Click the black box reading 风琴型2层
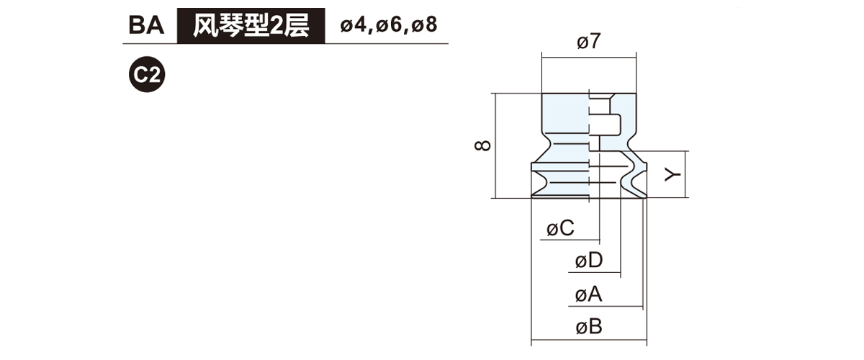pyautogui.click(x=251, y=26)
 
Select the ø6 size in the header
pyautogui.click(x=391, y=26)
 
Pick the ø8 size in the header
pyautogui.click(x=426, y=26)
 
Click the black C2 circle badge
pyautogui.click(x=147, y=74)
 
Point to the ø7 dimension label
pyautogui.click(x=588, y=42)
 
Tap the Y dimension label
pyautogui.click(x=672, y=174)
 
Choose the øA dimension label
pyautogui.click(x=588, y=294)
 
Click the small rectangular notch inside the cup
pyautogui.click(x=609, y=125)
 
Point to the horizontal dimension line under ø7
pyautogui.click(x=588, y=56)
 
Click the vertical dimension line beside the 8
pyautogui.click(x=497, y=145)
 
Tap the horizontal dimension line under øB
pyautogui.click(x=588, y=341)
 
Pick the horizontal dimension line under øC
pyautogui.click(x=569, y=240)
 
